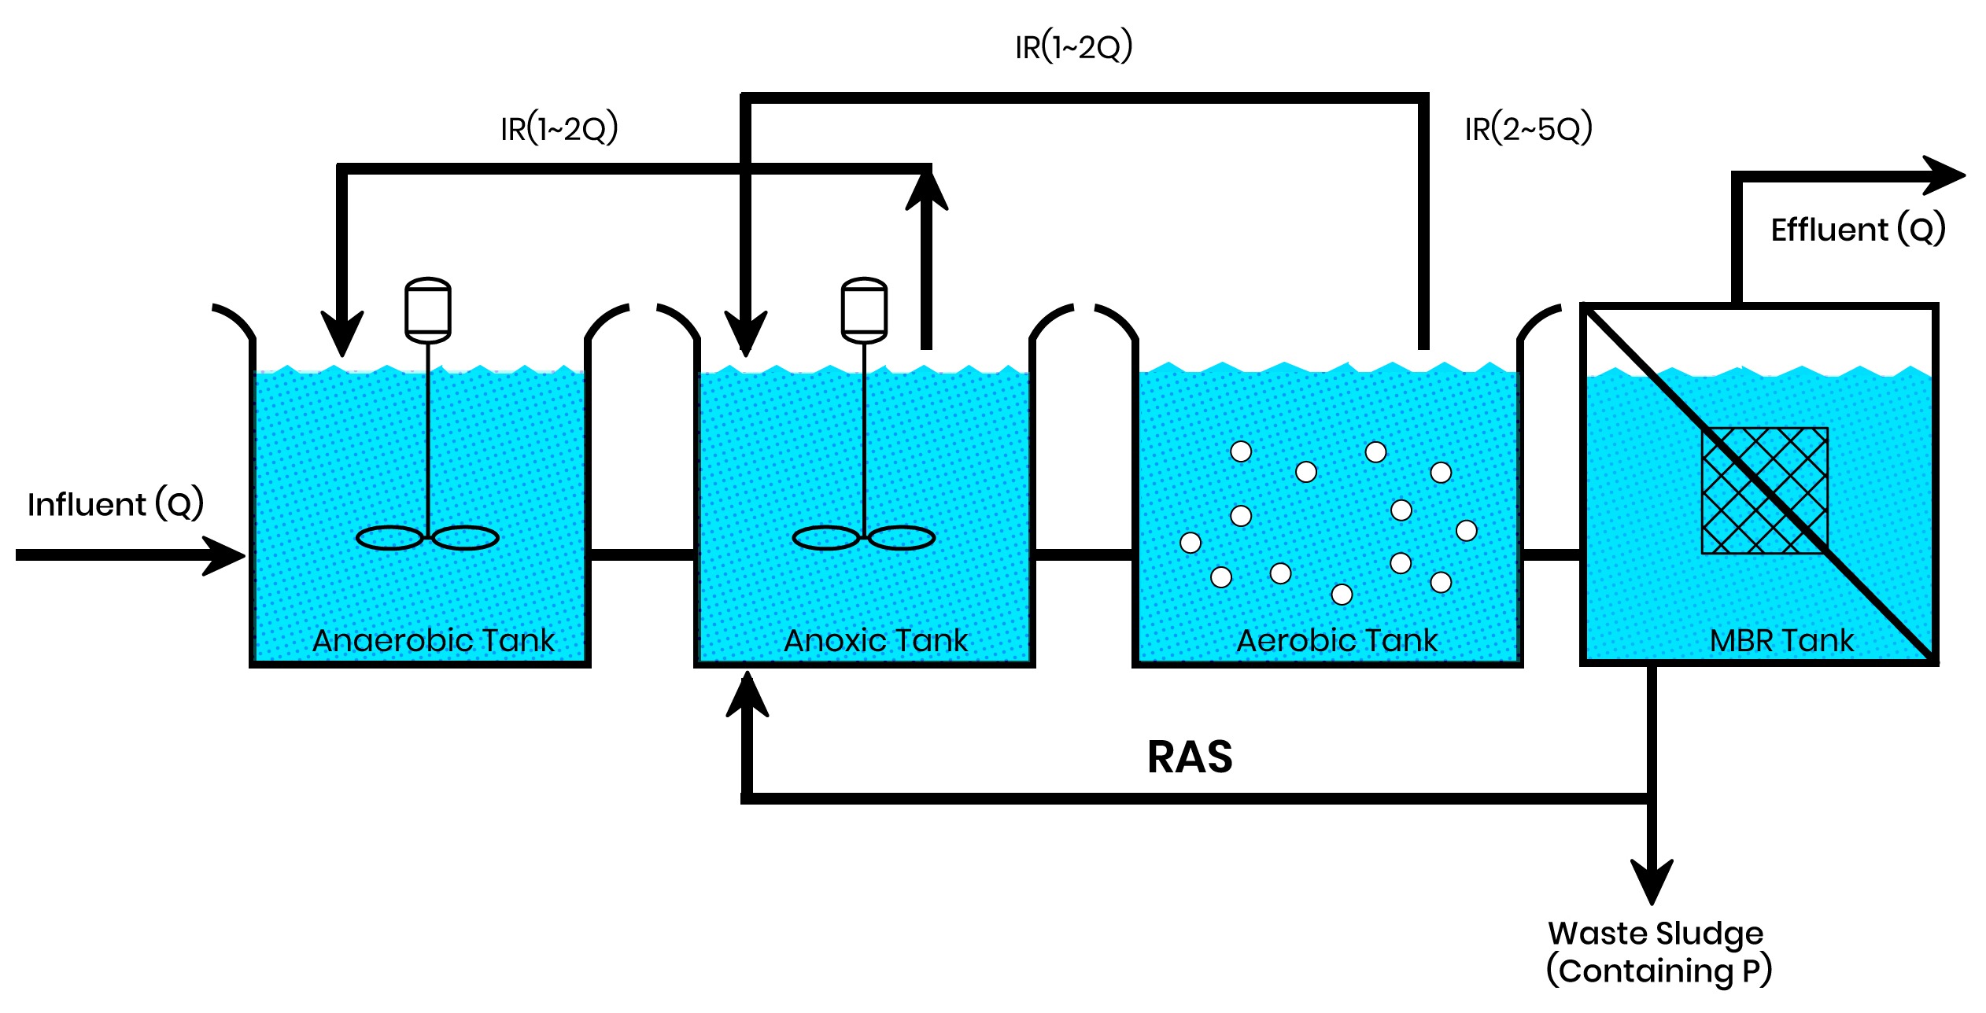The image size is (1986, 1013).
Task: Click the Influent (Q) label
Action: click(116, 504)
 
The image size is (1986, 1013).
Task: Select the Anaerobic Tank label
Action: click(434, 640)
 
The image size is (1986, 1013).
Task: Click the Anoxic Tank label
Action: click(876, 640)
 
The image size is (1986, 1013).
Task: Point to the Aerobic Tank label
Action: click(1337, 640)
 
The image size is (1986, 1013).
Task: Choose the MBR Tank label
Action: click(1781, 640)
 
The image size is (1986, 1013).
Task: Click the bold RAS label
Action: click(1190, 757)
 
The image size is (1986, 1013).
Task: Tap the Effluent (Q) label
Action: click(1858, 230)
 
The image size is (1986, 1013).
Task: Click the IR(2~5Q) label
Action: click(1528, 128)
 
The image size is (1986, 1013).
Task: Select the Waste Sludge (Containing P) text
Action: click(1659, 952)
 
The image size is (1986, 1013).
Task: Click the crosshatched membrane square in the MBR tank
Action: click(1764, 491)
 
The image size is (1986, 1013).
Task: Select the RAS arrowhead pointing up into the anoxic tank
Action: click(747, 697)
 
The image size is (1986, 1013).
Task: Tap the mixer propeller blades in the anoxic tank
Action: click(864, 538)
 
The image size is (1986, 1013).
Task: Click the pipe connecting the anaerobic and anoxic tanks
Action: click(642, 555)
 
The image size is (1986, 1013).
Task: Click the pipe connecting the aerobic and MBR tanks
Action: click(1551, 555)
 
